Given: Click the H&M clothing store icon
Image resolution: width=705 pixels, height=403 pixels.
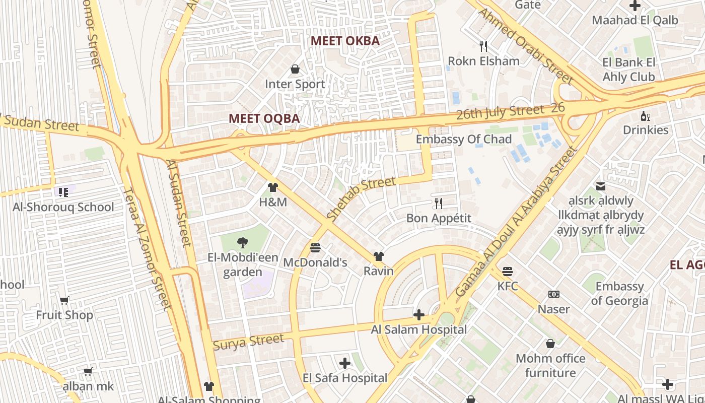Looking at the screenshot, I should tap(273, 187).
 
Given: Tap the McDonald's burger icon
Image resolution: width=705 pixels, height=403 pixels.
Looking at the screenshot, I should tap(315, 248).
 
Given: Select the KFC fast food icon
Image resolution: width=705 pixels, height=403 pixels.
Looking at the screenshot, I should tap(508, 272).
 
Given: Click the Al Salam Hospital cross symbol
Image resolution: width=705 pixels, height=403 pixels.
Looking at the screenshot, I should tap(418, 315).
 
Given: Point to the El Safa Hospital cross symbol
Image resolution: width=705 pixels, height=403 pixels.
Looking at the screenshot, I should tap(345, 363).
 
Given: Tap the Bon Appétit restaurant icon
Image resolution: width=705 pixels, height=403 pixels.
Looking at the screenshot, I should tap(439, 204).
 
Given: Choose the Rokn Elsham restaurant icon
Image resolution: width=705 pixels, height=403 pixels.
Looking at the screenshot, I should tap(483, 46).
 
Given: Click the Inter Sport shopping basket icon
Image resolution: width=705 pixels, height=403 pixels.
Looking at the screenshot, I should tap(295, 69).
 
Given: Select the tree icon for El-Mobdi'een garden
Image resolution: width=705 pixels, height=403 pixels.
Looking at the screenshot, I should tap(242, 243).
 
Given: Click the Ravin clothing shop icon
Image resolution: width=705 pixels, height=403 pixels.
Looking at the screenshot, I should tap(378, 256).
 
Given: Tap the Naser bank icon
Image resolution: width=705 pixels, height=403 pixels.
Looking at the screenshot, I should tap(554, 294).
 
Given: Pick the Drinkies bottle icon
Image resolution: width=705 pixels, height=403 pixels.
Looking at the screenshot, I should tap(645, 116).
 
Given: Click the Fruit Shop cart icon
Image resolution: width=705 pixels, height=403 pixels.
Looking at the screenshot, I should tap(64, 301).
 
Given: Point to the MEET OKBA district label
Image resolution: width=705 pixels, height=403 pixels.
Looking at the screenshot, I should tap(345, 41).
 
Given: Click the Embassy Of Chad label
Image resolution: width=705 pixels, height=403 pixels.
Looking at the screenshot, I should tap(463, 140).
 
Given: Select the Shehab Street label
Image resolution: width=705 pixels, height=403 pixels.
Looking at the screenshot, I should tap(361, 198).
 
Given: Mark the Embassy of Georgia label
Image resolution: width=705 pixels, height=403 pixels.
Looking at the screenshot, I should tap(619, 294).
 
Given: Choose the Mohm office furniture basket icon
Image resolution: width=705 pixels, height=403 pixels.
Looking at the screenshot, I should tap(550, 344).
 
